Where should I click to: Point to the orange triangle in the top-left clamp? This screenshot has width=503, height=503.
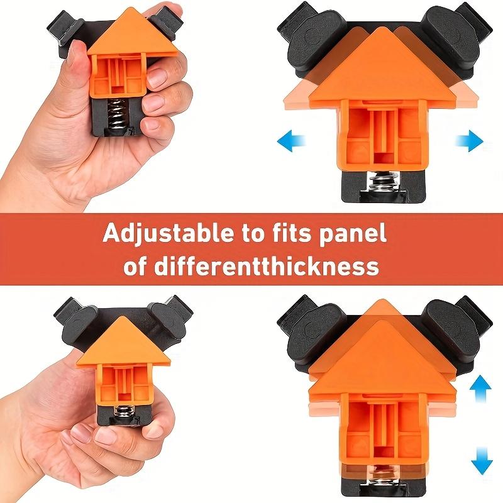[x=133, y=35]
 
